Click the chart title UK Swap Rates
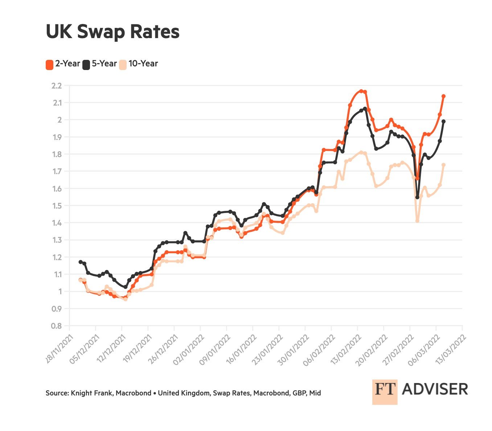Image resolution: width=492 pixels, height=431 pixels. coord(112,32)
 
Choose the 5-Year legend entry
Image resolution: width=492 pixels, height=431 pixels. coord(99,64)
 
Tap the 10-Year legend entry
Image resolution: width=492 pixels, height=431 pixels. coord(139,64)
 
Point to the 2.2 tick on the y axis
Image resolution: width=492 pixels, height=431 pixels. coord(57,86)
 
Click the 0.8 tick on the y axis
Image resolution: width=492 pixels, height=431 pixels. coord(57,326)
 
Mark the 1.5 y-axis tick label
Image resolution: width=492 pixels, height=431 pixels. coord(57,206)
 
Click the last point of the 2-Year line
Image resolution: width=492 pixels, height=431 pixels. coord(443,96)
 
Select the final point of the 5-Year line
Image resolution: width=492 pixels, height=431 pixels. coord(443,121)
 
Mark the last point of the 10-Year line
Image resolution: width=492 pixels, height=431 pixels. coord(443,165)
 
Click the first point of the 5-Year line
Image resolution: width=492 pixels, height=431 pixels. coord(80,262)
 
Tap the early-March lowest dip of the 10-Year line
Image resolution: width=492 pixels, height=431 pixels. coord(417,221)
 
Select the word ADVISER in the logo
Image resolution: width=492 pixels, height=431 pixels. coord(435,389)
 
